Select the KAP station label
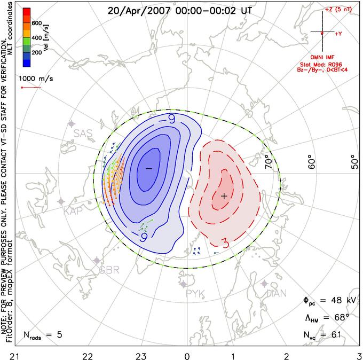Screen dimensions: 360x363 coord(74,212)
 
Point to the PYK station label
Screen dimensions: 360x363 coord(196,293)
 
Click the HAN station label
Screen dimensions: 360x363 coord(277,293)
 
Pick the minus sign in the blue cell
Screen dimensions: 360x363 coord(148,168)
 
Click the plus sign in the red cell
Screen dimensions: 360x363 coord(224,196)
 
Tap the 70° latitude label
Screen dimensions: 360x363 coord(270,159)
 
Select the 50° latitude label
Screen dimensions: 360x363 coord(354,162)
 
